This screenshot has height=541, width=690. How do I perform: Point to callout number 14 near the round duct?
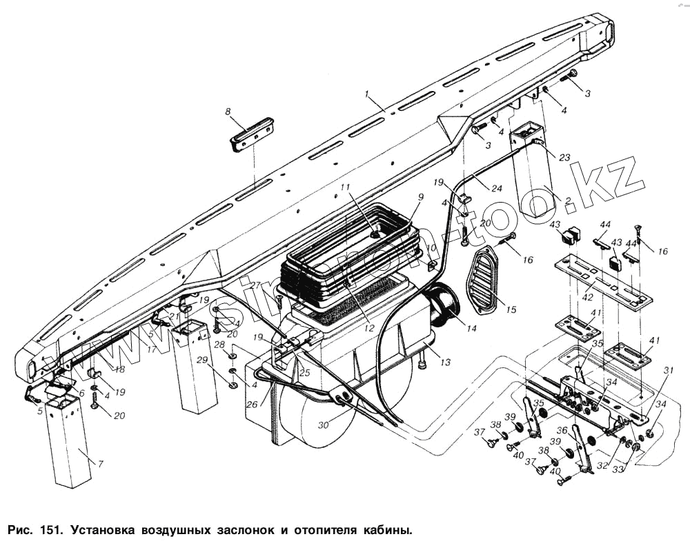(x=471, y=329)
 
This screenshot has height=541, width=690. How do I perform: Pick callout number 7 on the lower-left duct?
(x=101, y=464)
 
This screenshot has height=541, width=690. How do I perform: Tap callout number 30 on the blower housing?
(x=324, y=426)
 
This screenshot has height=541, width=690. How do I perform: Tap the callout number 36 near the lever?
(x=562, y=431)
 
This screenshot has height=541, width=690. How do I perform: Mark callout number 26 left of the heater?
(x=253, y=405)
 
